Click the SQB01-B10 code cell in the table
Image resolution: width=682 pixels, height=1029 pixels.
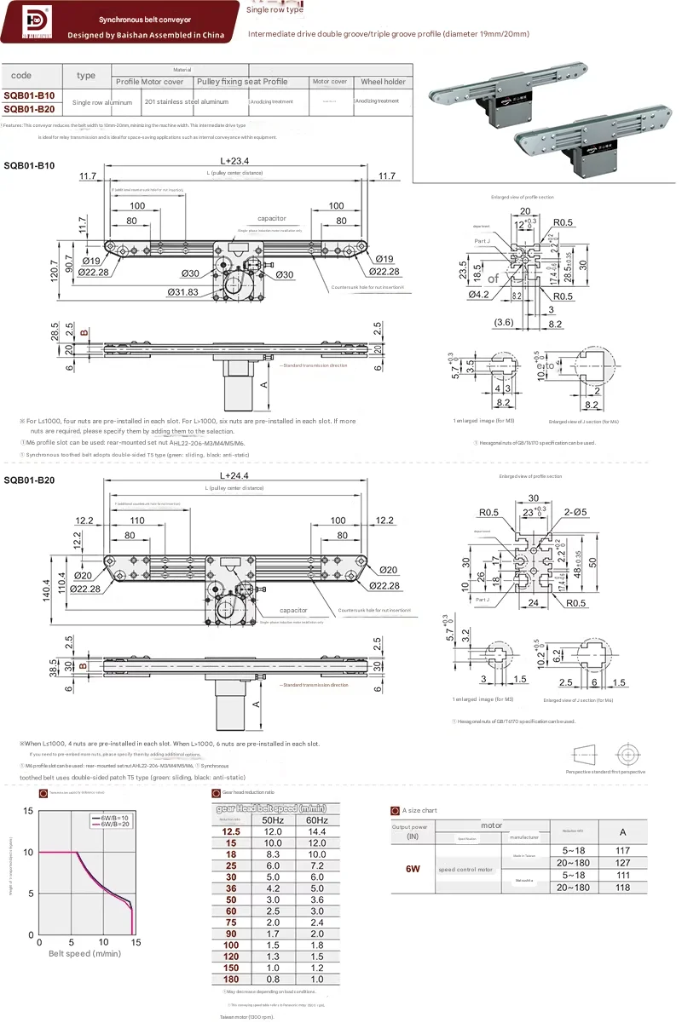(29, 96)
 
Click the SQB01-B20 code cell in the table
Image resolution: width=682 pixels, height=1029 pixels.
(29, 108)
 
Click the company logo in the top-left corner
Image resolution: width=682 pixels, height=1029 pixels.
(29, 21)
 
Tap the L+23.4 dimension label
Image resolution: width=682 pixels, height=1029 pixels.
(234, 160)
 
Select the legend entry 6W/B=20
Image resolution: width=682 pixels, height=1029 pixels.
(116, 824)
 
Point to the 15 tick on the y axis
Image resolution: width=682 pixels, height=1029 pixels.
(28, 810)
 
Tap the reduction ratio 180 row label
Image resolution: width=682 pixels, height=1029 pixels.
(231, 980)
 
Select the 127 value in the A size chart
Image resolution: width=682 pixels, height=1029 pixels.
(622, 862)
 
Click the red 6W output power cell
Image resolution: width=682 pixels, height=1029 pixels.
(413, 869)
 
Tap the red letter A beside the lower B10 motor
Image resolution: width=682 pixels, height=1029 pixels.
(263, 384)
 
